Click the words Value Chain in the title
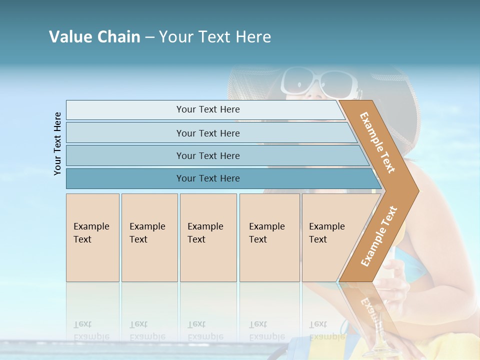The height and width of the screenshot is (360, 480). tap(94, 36)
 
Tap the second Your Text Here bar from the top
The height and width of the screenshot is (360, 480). tap(207, 133)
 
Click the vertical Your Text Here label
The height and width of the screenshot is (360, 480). tap(58, 143)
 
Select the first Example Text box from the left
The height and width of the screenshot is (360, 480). tap(92, 237)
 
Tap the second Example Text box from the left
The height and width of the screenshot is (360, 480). tap(149, 237)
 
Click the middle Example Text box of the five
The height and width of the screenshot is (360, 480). tap(208, 237)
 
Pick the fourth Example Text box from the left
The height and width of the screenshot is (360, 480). tap(269, 237)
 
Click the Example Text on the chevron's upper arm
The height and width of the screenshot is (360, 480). tap(377, 142)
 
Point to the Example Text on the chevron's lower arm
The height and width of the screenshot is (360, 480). tap(379, 236)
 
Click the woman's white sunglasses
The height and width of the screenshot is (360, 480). tap(320, 81)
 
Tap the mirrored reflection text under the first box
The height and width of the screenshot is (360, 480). tap(91, 330)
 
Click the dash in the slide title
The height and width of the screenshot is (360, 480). tap(149, 37)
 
